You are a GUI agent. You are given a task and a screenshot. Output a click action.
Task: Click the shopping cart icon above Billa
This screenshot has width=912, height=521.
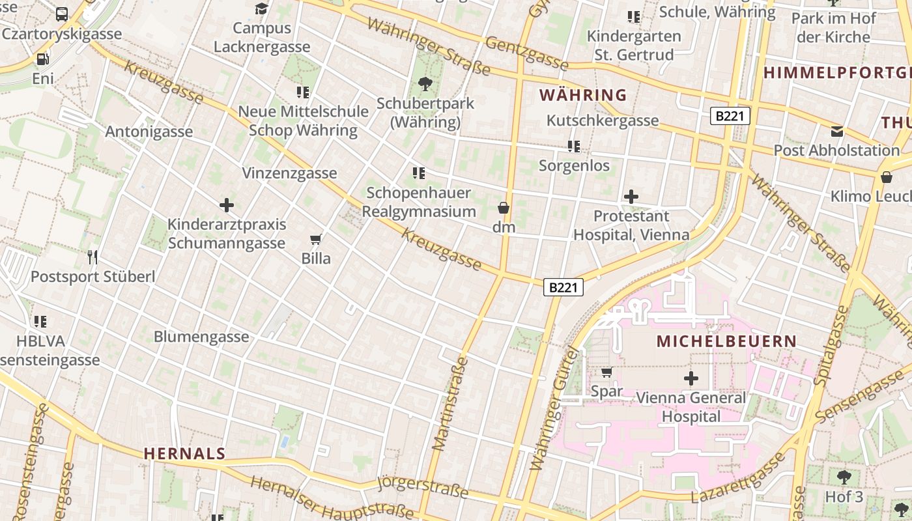pos(316,239)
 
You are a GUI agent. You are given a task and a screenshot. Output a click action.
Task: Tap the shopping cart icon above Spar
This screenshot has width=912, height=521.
pos(606,372)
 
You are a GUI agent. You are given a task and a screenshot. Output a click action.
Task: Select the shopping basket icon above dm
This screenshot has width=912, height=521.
pos(504,208)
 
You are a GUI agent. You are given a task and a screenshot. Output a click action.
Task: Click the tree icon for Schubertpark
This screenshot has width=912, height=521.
pos(425,83)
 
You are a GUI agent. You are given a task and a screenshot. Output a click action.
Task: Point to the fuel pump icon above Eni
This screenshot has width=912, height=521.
pos(42,59)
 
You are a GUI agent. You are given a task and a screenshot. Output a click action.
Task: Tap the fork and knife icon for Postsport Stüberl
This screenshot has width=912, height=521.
pos(93,257)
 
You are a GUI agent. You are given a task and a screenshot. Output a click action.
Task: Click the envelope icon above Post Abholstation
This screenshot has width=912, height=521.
pos(837,132)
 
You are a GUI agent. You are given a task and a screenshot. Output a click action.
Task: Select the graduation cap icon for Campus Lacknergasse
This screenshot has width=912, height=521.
pos(261,8)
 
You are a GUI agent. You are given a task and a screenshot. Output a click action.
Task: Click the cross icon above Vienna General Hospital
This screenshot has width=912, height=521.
pos(691,378)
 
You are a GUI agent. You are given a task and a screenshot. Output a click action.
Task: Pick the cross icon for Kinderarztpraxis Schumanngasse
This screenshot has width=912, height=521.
pos(226,205)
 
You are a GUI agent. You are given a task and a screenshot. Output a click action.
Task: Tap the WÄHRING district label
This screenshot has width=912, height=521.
pos(583,95)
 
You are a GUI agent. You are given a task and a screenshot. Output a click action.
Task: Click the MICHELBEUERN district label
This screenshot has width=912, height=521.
pos(726,341)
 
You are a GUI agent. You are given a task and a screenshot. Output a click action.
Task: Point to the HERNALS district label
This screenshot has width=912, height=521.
pos(184,453)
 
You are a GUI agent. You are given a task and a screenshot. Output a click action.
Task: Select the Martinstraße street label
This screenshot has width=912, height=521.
pos(450,404)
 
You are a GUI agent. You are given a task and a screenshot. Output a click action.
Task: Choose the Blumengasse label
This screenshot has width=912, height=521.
pos(201,337)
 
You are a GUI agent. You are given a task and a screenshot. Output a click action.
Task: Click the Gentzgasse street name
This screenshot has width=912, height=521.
pos(527,53)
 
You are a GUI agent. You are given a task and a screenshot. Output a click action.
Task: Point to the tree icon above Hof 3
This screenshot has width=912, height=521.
pos(844,477)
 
